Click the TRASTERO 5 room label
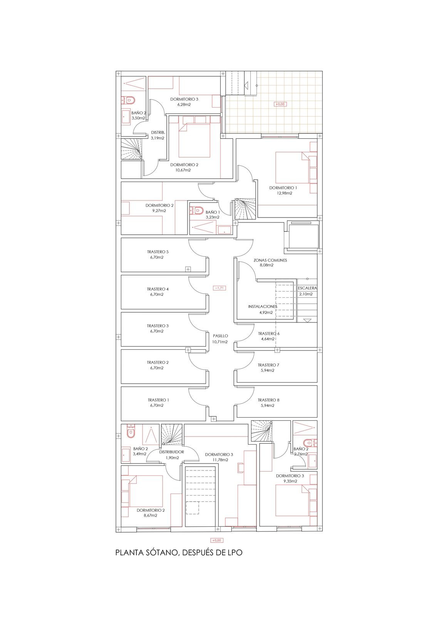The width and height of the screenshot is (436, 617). tap(158, 252)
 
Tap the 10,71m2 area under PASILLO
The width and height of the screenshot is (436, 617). tap(220, 342)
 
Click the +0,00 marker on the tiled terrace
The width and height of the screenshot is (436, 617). tap(280, 104)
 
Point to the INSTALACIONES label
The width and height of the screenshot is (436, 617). tap(263, 307)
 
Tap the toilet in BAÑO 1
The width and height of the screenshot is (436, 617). tap(198, 211)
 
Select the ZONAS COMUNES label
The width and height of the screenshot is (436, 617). tap(270, 260)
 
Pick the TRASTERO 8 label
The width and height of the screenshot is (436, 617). tap(268, 400)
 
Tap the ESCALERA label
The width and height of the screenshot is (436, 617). tap(307, 288)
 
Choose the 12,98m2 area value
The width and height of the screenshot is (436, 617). tap(284, 193)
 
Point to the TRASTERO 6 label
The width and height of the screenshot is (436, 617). tap(268, 334)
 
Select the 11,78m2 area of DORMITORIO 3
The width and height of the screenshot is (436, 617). tap(219, 460)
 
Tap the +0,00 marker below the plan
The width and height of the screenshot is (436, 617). tap(216, 541)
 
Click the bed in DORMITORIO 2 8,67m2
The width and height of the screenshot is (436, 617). tap(146, 491)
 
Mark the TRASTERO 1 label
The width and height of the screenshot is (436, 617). tap(158, 400)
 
